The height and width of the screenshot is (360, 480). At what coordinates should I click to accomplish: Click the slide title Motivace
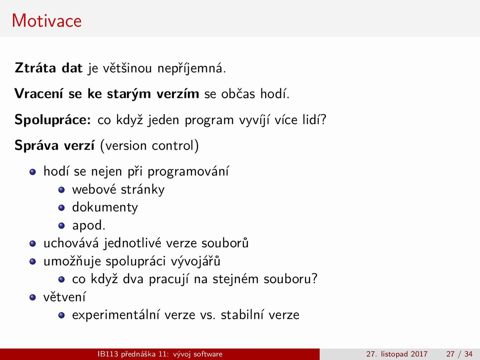[46, 21]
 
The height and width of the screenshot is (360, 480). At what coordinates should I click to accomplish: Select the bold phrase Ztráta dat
[48, 68]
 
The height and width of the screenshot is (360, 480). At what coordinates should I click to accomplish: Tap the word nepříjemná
[192, 68]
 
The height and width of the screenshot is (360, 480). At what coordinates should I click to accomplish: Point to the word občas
[238, 94]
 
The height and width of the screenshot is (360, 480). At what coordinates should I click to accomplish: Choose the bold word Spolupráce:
[53, 120]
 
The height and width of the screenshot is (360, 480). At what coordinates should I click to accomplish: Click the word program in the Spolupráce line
[209, 121]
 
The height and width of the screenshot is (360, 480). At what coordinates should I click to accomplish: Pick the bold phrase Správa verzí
[54, 145]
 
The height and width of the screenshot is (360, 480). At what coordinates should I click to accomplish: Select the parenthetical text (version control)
[149, 145]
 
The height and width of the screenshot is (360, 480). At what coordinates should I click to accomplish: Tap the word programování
[188, 171]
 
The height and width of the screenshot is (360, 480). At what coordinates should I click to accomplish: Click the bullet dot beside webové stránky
[61, 189]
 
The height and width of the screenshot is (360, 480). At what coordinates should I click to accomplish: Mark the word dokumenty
[105, 207]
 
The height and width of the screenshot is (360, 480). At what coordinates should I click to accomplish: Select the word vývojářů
[195, 261]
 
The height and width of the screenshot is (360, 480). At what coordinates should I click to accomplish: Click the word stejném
[235, 279]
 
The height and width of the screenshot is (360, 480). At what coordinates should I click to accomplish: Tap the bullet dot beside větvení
[33, 297]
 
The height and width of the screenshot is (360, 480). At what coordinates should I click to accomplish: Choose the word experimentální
[115, 315]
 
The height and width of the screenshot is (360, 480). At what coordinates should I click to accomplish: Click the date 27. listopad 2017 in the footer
[397, 354]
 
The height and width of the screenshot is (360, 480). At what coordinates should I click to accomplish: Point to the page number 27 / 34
[459, 354]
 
